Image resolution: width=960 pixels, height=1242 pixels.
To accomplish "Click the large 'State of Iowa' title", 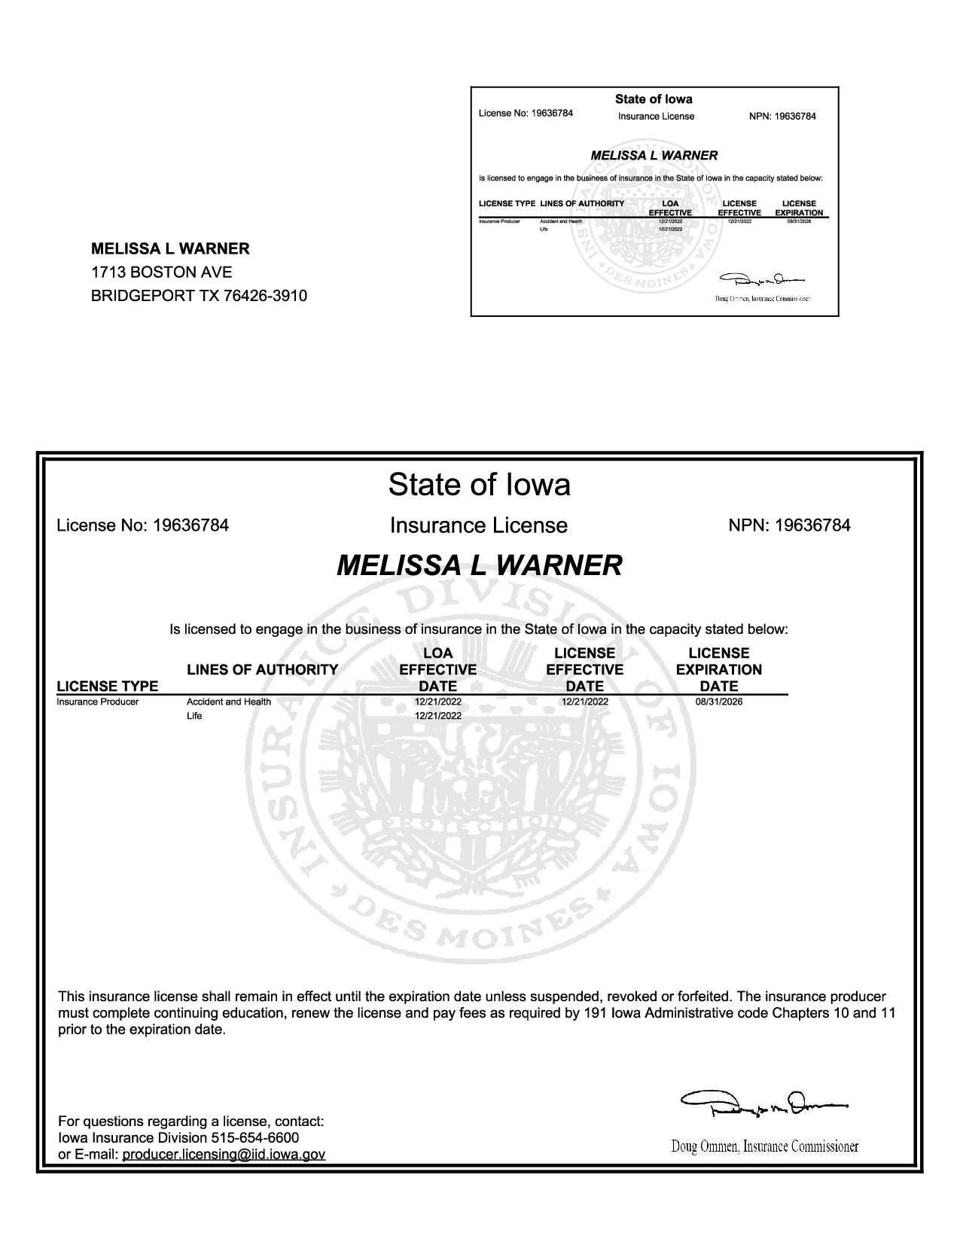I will tap(479, 485).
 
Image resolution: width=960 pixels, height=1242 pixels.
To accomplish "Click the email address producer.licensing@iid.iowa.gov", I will tap(224, 1154).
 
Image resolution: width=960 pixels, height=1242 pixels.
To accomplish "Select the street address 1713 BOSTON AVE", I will tap(161, 272).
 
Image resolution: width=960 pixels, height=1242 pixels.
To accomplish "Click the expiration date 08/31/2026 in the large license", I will tap(719, 702).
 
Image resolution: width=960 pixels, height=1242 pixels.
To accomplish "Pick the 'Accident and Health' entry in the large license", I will tap(229, 702).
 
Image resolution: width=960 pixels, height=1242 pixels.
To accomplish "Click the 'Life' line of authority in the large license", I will tap(194, 716).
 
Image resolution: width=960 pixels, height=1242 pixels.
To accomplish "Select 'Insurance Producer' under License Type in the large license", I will tap(98, 702).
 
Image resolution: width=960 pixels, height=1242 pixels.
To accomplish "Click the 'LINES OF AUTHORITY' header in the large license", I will tap(262, 669).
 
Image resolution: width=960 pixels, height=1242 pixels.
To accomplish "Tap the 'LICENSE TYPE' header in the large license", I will tap(108, 686).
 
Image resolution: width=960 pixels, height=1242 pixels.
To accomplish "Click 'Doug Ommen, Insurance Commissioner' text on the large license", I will tap(764, 1146).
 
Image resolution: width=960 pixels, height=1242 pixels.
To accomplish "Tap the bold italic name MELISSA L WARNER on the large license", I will tap(479, 565).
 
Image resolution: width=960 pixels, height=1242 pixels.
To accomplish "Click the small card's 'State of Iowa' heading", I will tap(654, 99).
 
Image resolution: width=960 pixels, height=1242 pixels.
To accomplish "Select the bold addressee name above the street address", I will tap(170, 249).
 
